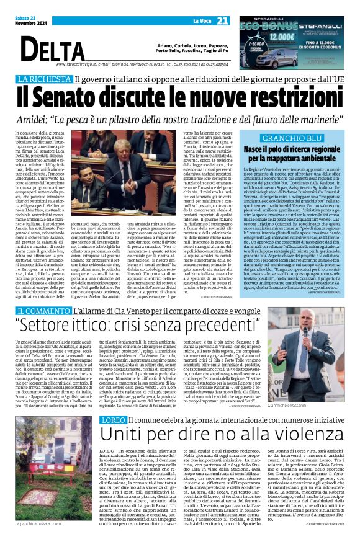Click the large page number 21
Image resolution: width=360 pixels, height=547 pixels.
coord(223,21)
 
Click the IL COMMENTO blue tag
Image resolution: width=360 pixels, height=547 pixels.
coord(44,310)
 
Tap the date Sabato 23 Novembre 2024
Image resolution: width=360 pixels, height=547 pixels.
coord(19,21)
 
